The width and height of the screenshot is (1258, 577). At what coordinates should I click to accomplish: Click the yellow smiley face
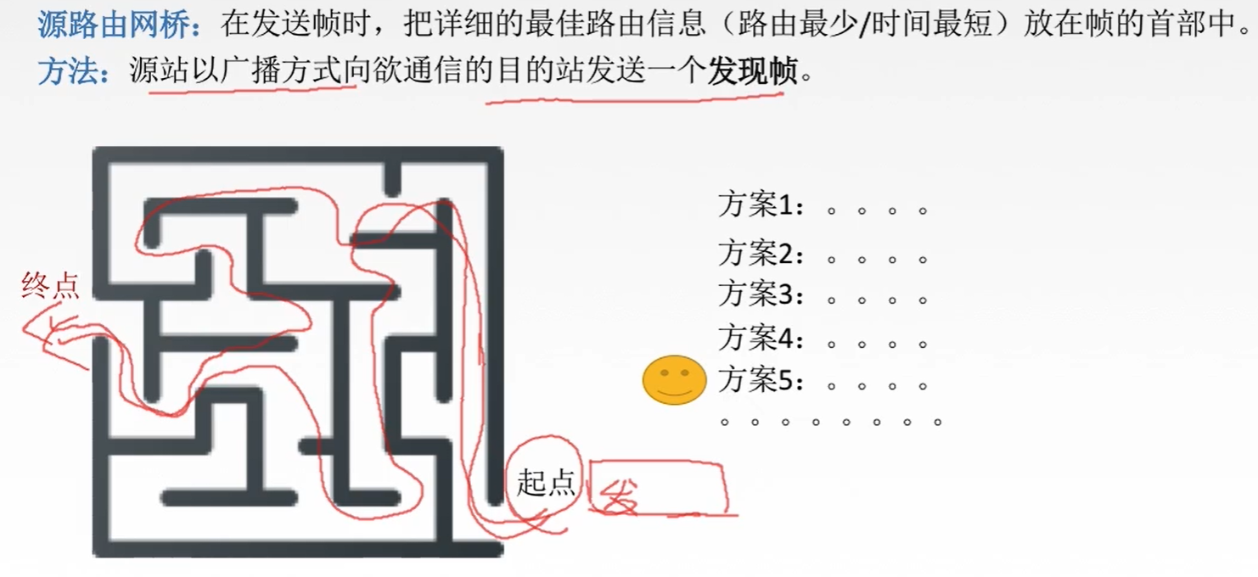pyautogui.click(x=674, y=379)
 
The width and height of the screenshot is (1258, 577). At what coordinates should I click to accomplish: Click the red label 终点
pyautogui.click(x=50, y=286)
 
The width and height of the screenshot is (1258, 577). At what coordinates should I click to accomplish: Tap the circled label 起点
pyautogui.click(x=546, y=483)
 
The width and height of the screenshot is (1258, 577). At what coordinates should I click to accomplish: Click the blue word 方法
pyautogui.click(x=68, y=71)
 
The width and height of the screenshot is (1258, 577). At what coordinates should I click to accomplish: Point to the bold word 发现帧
pyautogui.click(x=753, y=71)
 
